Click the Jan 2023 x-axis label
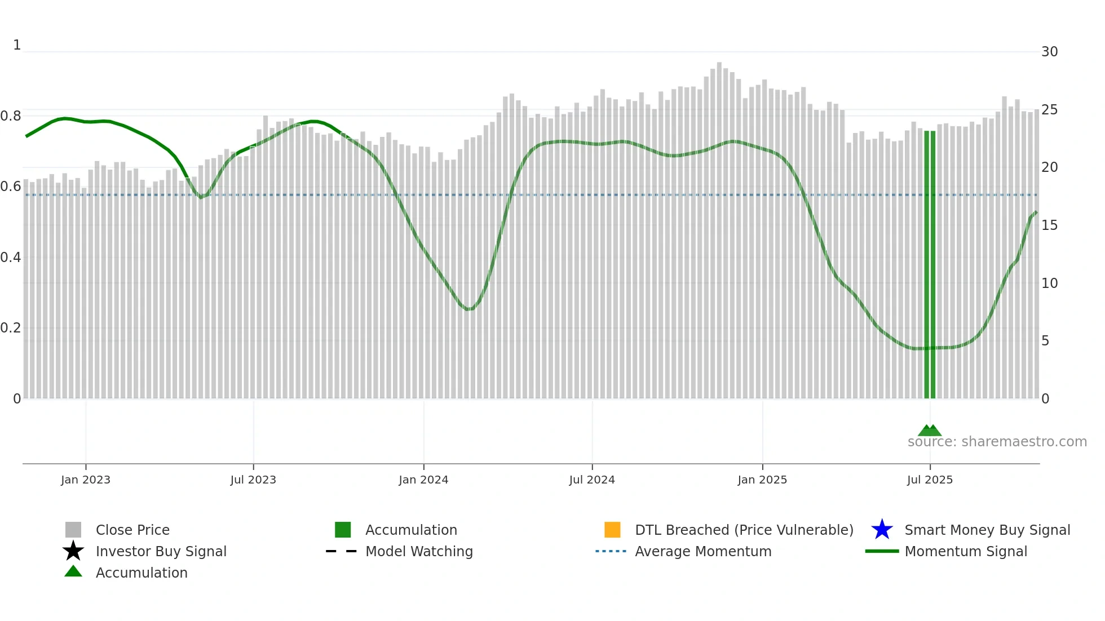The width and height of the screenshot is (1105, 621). click(x=86, y=480)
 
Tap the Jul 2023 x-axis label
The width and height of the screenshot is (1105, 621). click(x=253, y=480)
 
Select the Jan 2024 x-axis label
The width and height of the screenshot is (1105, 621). click(x=423, y=480)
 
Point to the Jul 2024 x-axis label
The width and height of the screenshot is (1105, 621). click(x=592, y=480)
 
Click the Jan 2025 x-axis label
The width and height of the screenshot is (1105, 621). click(x=762, y=480)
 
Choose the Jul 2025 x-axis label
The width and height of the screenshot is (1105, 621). click(x=930, y=480)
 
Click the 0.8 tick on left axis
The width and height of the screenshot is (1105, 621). click(x=11, y=116)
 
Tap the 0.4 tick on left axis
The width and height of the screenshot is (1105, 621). click(x=11, y=258)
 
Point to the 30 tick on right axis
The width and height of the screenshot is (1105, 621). click(x=1049, y=52)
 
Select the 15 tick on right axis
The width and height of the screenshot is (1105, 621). click(x=1049, y=225)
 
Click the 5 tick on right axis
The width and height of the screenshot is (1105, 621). click(x=1045, y=341)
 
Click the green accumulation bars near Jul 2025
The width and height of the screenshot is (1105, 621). click(x=930, y=265)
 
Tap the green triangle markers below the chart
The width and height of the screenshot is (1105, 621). click(x=930, y=431)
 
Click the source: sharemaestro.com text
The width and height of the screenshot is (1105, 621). click(x=997, y=442)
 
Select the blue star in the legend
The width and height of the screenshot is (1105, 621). click(x=882, y=530)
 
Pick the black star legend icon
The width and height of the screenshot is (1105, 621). click(x=73, y=551)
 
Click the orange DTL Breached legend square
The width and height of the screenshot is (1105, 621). click(x=612, y=530)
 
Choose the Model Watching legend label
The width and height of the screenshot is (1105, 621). click(x=419, y=551)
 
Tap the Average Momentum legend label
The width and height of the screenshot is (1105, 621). click(x=703, y=551)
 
